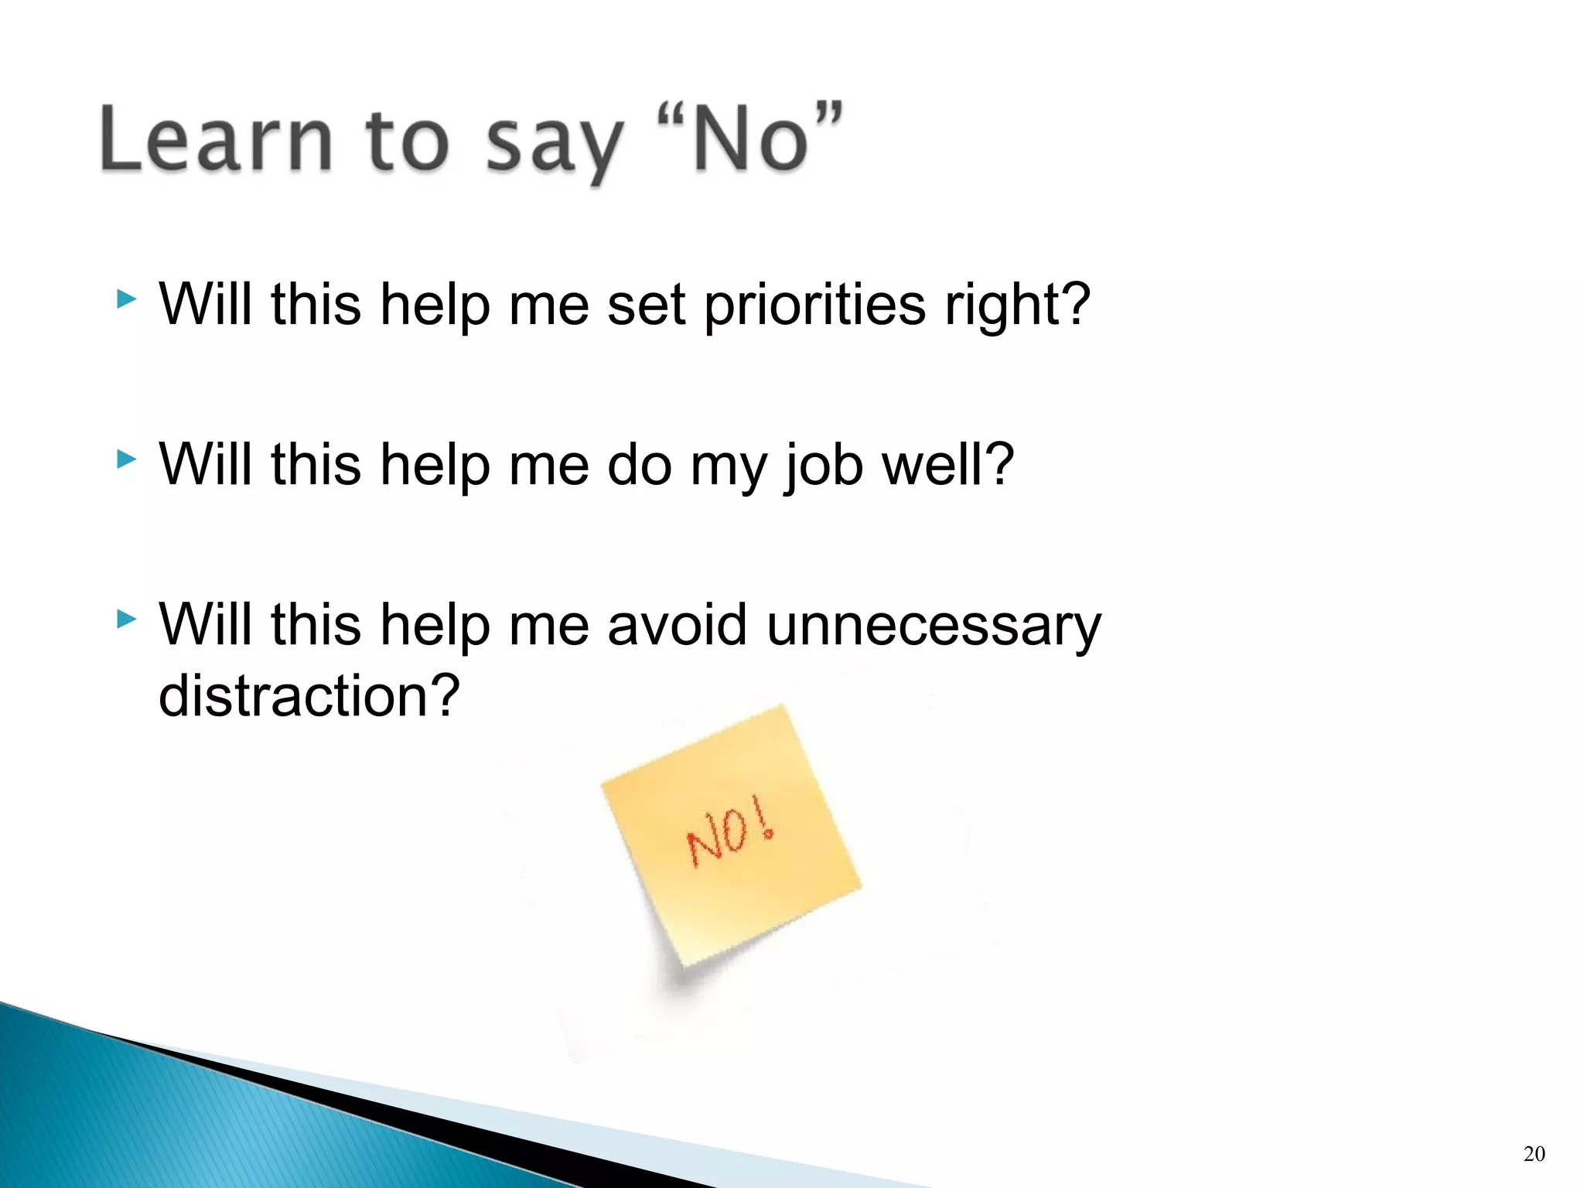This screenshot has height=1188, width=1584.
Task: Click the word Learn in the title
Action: point(217,139)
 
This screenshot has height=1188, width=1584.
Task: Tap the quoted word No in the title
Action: point(750,139)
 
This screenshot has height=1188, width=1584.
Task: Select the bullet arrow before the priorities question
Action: point(126,299)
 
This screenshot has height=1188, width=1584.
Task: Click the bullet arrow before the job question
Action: point(126,459)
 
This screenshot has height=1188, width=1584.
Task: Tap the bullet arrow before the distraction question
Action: point(126,619)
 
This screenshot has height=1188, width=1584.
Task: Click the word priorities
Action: point(814,306)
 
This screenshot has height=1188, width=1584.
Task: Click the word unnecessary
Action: point(934,626)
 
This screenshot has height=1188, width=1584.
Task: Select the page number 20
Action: point(1534,1154)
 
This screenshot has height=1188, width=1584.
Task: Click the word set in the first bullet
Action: point(646,306)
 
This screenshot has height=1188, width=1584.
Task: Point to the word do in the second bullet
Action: point(639,466)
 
